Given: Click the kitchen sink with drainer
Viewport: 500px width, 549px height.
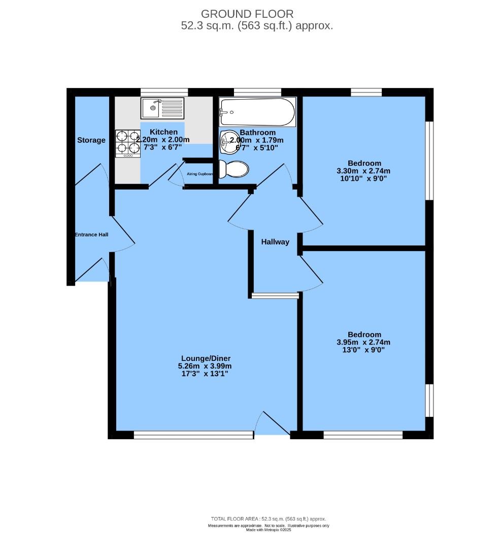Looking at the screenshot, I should (x=162, y=108).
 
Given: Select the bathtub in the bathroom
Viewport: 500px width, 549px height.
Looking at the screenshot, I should (x=257, y=112).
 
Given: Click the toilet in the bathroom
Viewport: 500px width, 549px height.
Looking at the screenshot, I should (x=234, y=169).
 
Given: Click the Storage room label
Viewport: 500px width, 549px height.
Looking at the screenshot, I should (x=91, y=140).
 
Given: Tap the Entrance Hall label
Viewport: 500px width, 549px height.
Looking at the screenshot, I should (x=91, y=235).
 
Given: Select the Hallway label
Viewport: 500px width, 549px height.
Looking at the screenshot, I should (x=275, y=242).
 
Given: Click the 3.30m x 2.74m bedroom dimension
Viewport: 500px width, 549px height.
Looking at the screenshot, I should (x=364, y=171).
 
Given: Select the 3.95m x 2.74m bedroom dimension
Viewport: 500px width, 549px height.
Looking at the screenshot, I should (x=364, y=342).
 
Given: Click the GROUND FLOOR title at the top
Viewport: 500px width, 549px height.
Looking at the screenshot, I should (x=247, y=14).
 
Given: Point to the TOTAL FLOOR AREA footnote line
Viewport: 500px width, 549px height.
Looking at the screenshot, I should (x=269, y=519).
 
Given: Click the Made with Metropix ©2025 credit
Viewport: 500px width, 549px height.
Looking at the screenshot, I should (x=269, y=530).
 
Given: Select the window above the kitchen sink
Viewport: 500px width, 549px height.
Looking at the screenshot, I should (x=164, y=92).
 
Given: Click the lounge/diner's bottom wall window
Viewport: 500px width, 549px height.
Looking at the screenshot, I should (x=193, y=435).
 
